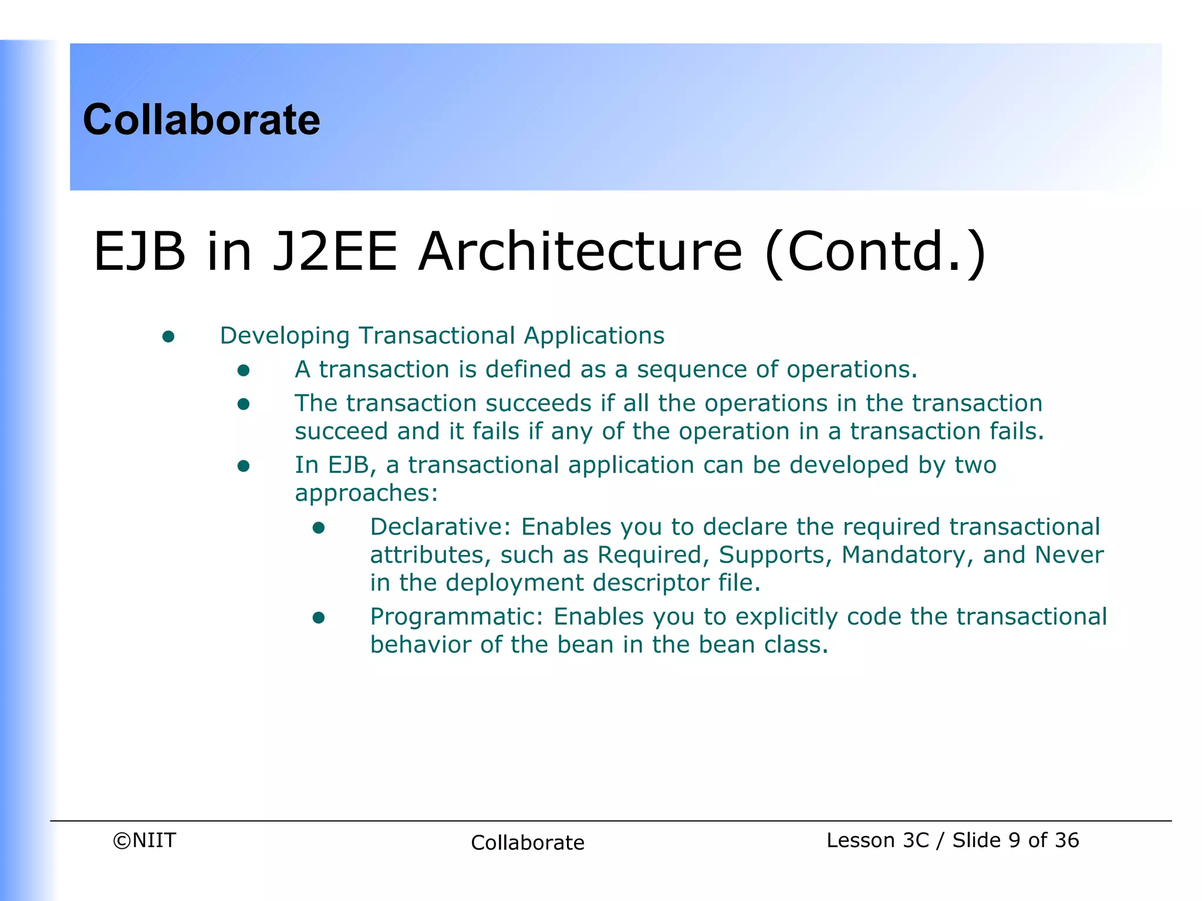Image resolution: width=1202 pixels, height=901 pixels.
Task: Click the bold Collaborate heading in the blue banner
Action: tap(201, 120)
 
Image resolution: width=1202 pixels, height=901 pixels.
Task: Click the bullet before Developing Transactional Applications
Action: tap(168, 336)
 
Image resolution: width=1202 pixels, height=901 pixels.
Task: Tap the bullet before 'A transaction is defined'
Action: tap(244, 370)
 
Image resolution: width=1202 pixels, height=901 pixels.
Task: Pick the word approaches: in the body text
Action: tap(366, 493)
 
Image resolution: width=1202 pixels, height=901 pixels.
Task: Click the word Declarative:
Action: tap(441, 527)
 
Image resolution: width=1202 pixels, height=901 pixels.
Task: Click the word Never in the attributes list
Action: tap(1069, 555)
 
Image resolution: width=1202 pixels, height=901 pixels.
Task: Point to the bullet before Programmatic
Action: tap(319, 618)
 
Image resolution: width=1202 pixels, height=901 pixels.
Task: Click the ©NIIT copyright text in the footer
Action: tap(144, 840)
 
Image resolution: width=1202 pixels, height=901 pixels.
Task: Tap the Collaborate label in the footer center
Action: tap(527, 842)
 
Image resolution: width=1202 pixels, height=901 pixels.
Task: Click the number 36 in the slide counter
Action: tap(1066, 840)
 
